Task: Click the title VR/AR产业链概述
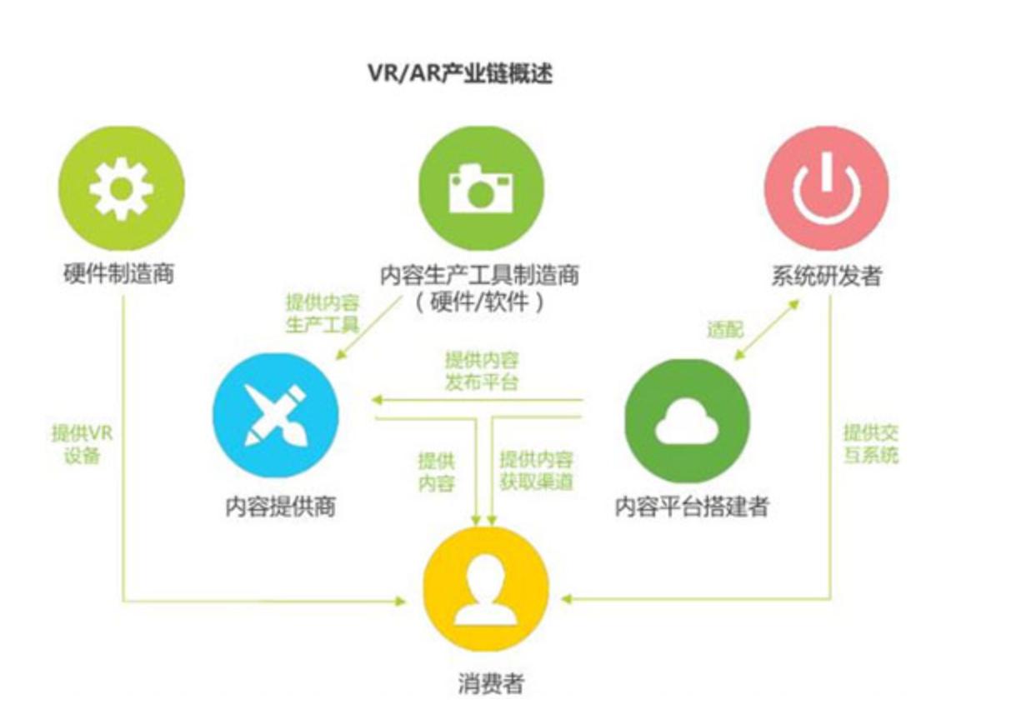tap(460, 73)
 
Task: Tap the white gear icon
tap(121, 188)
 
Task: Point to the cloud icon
tap(687, 420)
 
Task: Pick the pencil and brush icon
tap(276, 415)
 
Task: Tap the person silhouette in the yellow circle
tap(486, 589)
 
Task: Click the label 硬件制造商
tap(119, 273)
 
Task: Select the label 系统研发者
tap(827, 276)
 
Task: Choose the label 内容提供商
tap(280, 507)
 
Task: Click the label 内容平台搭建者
tap(692, 507)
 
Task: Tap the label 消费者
tap(491, 683)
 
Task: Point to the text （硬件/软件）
tap(479, 302)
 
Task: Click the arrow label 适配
tap(725, 330)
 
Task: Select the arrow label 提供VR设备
tap(82, 445)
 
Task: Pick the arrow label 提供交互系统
tap(871, 444)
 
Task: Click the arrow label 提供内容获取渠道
tap(536, 471)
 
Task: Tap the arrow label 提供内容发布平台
tap(482, 372)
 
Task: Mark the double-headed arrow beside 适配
tap(767, 330)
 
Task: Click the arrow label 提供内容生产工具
tap(323, 313)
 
